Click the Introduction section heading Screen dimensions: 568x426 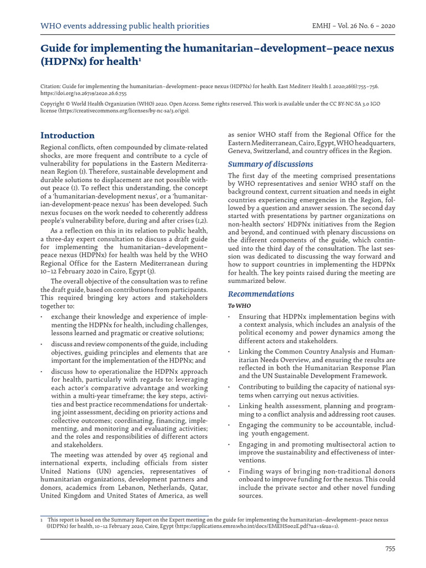[x=68, y=135]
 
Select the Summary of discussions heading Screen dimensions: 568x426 [x=271, y=164]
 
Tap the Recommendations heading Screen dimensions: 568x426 [x=261, y=294]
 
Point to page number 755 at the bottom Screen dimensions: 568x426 [x=390, y=549]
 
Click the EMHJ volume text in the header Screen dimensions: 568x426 [x=354, y=26]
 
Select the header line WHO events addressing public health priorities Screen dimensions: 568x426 [x=125, y=26]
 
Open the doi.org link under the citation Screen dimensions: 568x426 [x=83, y=94]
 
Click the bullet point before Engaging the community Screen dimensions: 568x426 [x=230, y=424]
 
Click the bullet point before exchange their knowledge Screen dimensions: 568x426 [x=43, y=316]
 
